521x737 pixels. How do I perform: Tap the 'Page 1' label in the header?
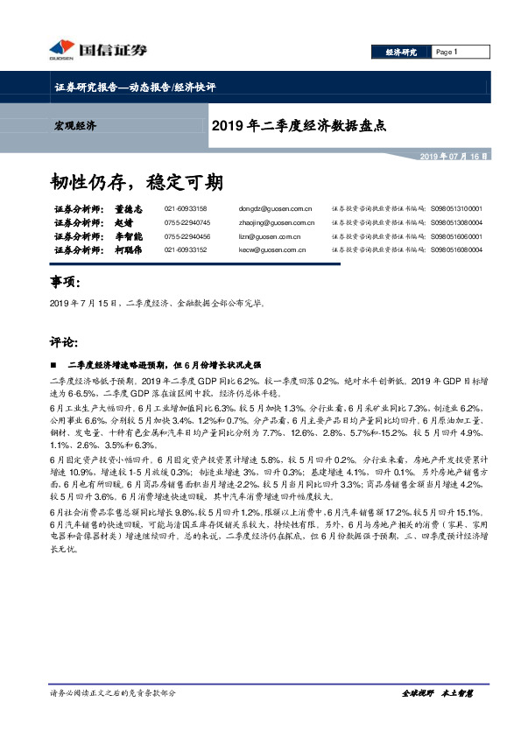[447, 52]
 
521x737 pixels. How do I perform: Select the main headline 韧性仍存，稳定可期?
[136, 182]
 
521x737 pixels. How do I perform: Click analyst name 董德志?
[128, 209]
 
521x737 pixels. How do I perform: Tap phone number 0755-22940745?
[187, 222]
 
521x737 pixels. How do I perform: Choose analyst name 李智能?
[128, 235]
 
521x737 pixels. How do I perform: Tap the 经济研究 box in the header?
[402, 52]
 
